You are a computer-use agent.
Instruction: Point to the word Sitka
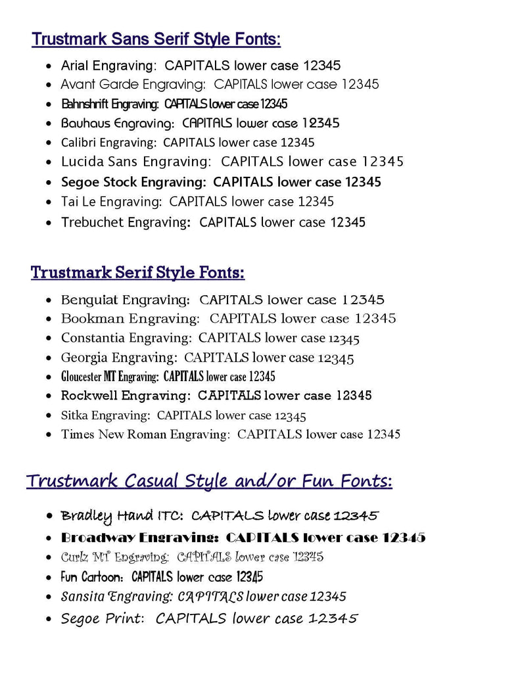74,415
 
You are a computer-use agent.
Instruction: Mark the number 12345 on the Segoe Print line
333,618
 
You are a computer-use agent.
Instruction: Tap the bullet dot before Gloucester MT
50,377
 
